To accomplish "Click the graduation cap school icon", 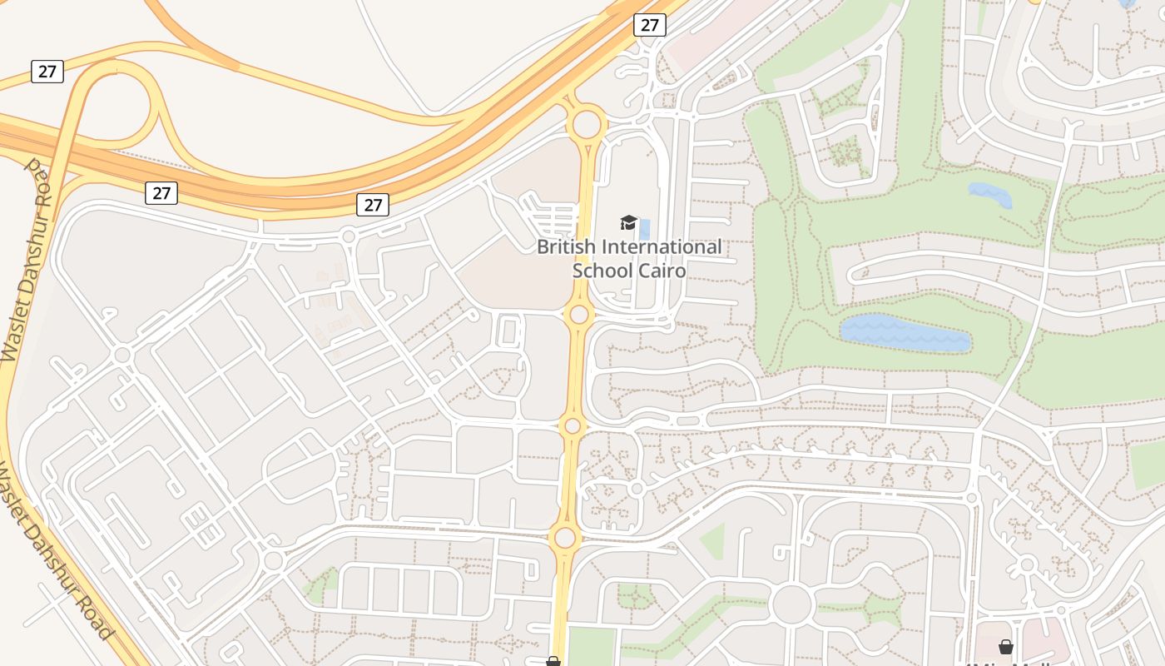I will point(628,222).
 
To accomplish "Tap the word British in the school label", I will point(566,247).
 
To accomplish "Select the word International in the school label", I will point(661,247).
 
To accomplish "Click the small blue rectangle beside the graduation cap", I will point(645,229).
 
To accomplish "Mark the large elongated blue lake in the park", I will point(905,334).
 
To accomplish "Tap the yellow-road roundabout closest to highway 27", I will point(587,125).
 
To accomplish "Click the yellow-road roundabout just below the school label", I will point(579,315).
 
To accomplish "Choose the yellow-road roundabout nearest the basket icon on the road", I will point(565,537).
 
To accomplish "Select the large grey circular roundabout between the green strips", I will point(791,604).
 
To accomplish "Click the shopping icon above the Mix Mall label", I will point(1005,647).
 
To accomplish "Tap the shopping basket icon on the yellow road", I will point(553,662).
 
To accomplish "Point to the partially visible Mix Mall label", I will point(1008,663).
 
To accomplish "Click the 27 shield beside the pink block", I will point(649,25).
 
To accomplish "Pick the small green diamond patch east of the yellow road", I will point(712,541).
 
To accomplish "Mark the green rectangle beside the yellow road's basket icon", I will point(591,647).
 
